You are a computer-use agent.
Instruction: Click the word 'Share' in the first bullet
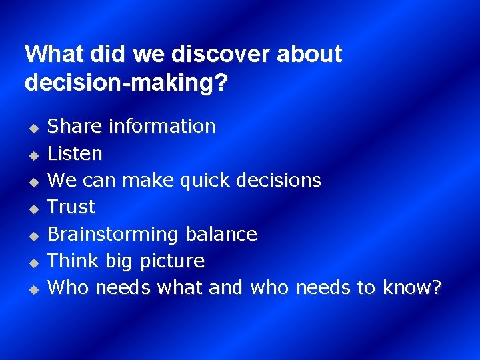click(75, 126)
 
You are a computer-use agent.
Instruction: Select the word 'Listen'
click(75, 153)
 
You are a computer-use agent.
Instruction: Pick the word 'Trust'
click(71, 207)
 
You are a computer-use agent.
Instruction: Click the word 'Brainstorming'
click(113, 235)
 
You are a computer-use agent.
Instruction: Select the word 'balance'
click(221, 234)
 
